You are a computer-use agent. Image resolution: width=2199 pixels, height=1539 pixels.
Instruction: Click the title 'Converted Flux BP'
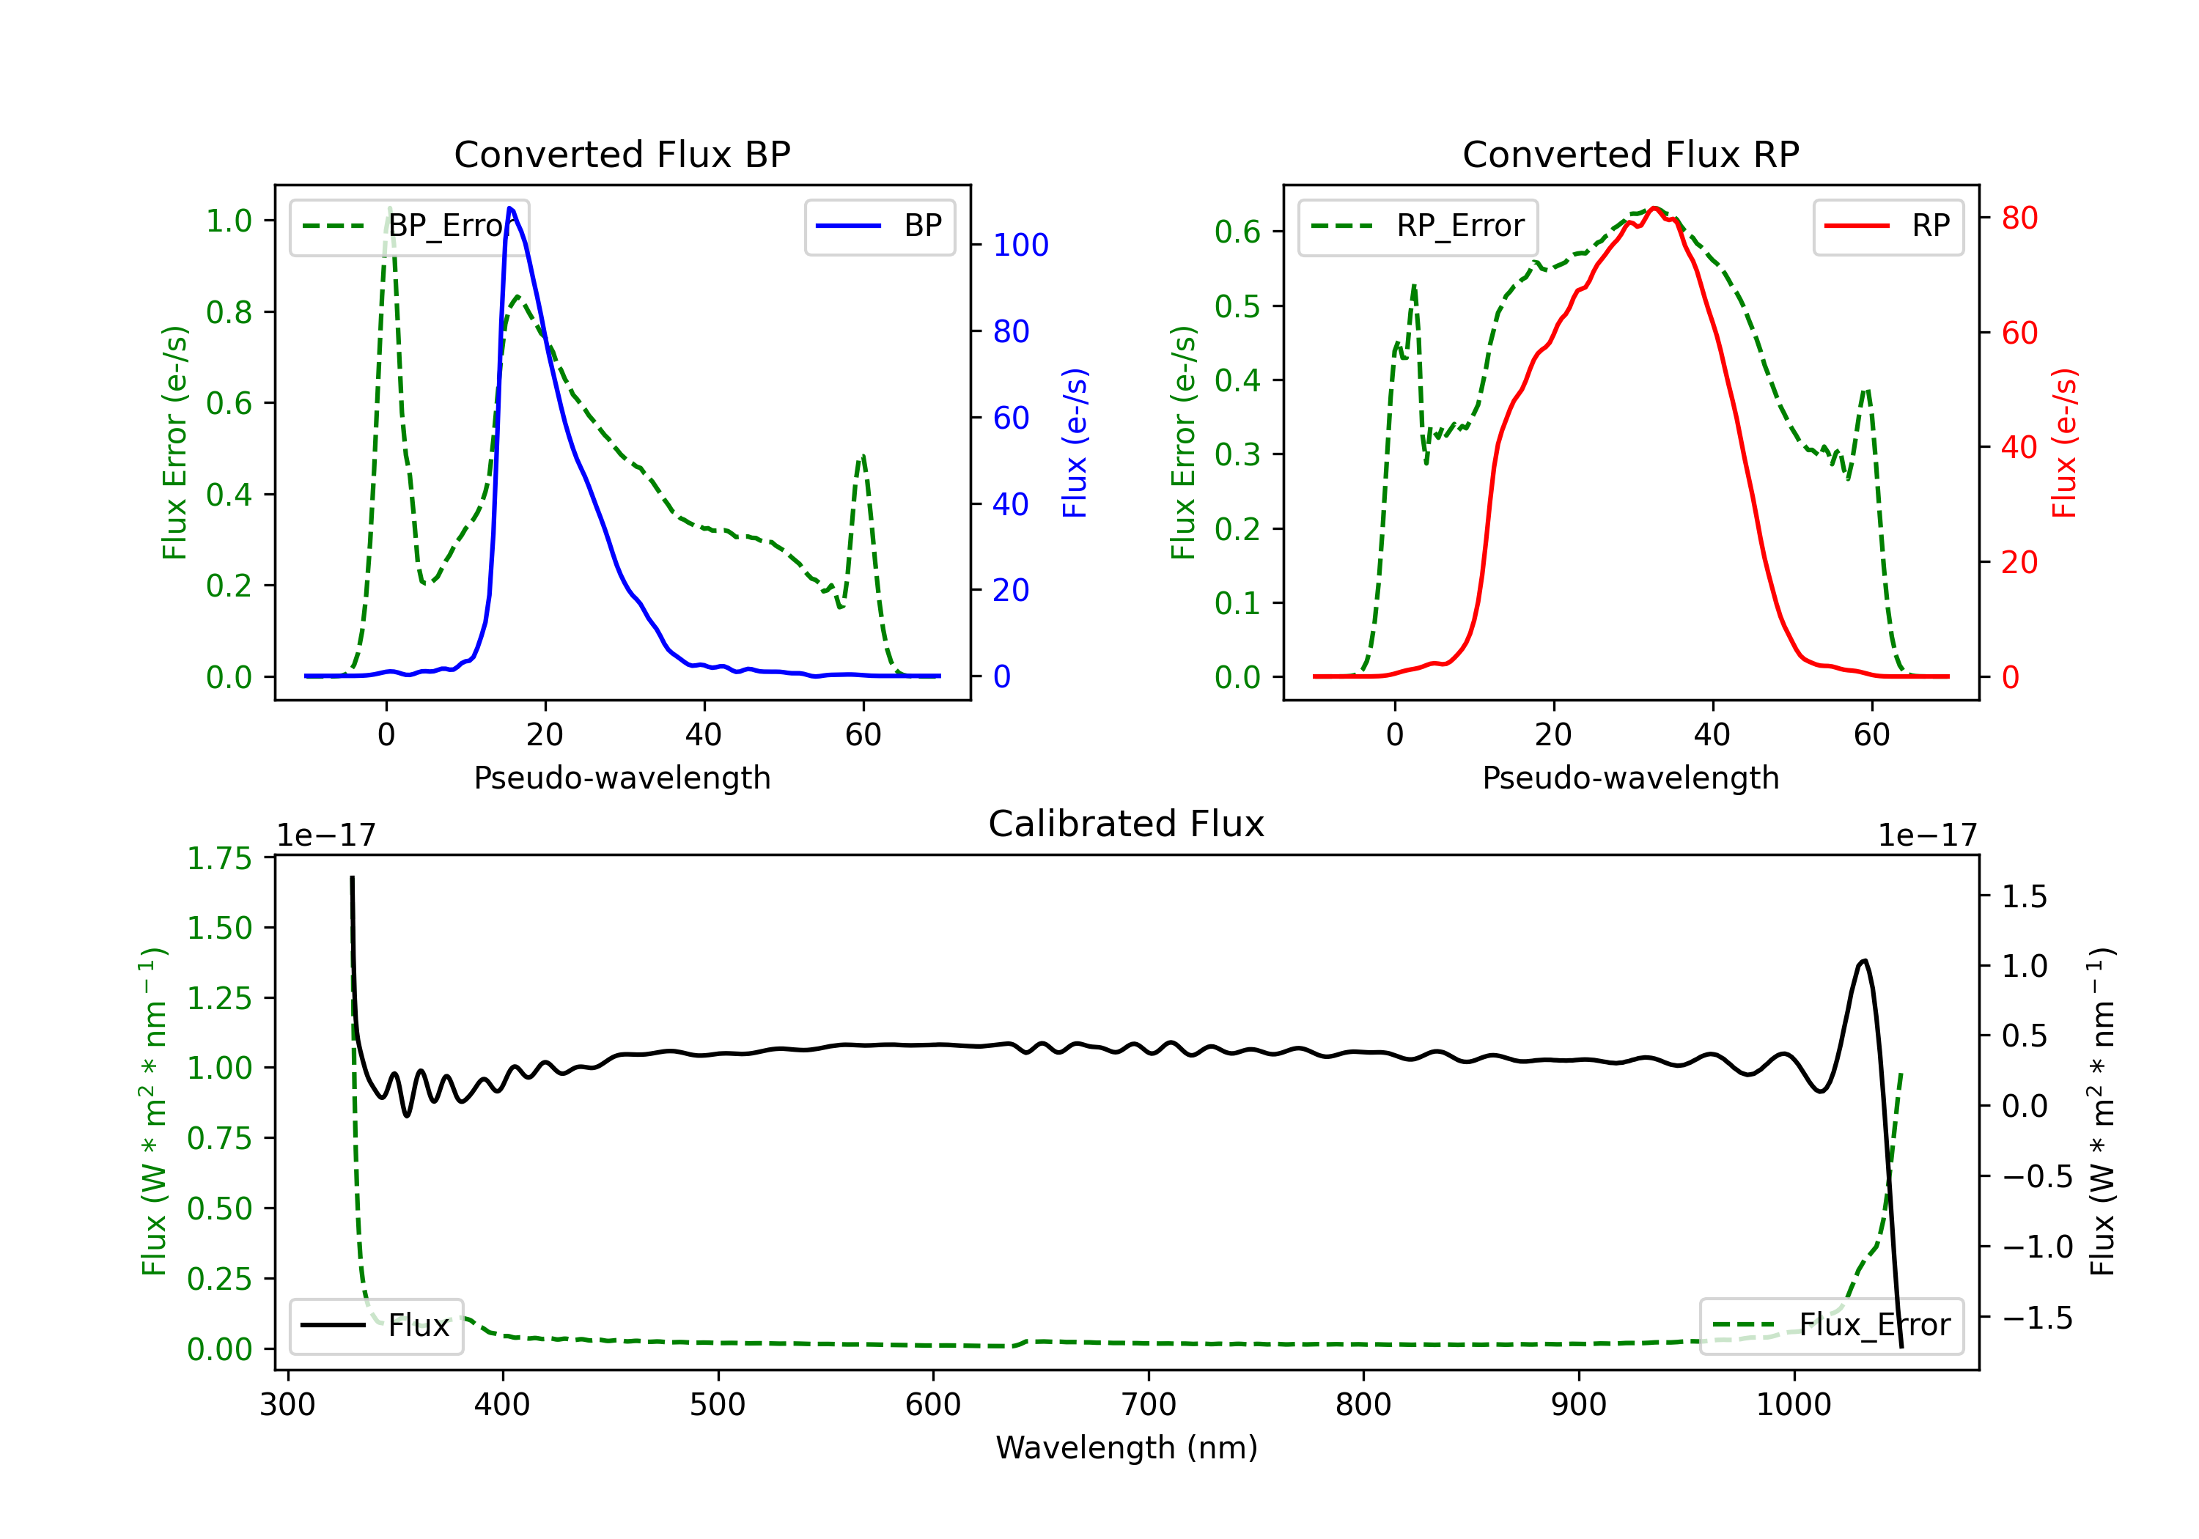[622, 154]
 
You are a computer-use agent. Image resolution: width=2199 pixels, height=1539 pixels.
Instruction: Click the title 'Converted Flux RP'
[1630, 154]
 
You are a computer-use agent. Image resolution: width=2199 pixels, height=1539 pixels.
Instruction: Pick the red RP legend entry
[1887, 226]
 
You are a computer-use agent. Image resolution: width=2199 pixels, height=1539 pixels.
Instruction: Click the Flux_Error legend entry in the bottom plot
[1831, 1326]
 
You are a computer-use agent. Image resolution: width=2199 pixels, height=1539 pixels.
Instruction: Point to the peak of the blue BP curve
[509, 208]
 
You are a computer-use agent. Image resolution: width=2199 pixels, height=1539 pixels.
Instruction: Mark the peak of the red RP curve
[1654, 208]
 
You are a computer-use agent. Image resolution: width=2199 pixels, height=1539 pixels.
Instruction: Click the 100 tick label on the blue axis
[1020, 246]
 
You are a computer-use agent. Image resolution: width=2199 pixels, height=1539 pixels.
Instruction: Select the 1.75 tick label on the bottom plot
[219, 858]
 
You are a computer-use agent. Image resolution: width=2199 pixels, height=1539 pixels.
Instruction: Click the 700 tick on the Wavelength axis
[1149, 1405]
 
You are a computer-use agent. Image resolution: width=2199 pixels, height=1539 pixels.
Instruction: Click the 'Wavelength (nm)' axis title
[1127, 1447]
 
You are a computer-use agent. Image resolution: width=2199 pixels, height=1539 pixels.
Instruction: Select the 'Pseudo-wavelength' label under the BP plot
[622, 778]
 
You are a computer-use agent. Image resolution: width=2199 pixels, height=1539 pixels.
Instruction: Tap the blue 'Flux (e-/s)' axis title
[1075, 443]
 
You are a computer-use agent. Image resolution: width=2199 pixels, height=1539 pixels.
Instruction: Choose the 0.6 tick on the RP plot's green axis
[1237, 232]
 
